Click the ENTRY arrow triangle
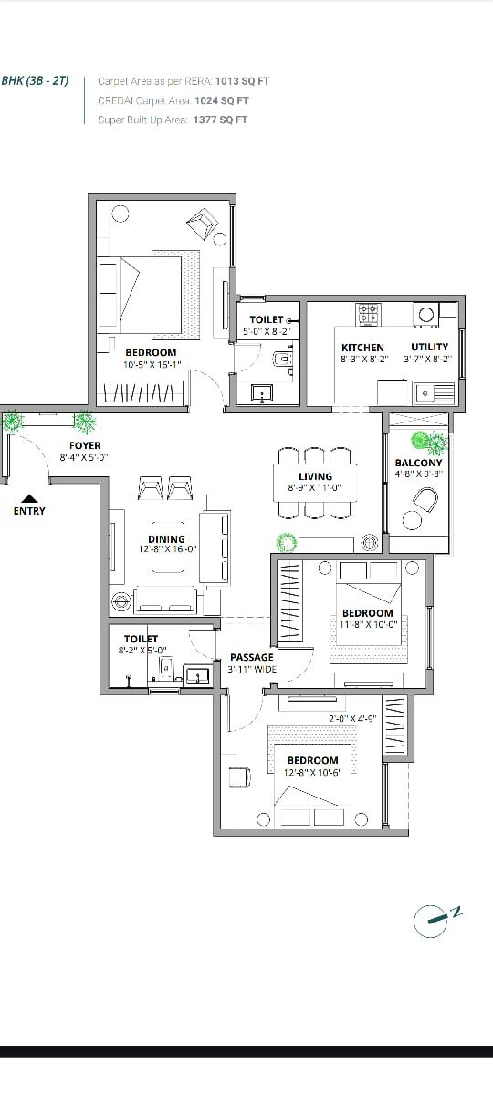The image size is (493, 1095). coord(30,498)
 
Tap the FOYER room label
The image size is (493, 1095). coord(85,445)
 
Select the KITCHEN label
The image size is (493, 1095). coord(362,348)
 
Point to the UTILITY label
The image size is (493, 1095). coord(429,347)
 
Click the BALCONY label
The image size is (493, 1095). coord(419,463)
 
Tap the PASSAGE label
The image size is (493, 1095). coord(252,657)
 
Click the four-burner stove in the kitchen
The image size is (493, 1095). coord(369,314)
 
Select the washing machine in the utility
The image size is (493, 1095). coord(426,314)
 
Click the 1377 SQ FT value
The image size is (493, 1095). coord(220,120)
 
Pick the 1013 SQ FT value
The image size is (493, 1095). coord(242,81)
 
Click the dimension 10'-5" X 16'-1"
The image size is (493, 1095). coord(152,364)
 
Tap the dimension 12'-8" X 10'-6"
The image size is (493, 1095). coord(313,772)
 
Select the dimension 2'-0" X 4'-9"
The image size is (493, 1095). coord(352,719)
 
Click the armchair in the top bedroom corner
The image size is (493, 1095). coord(202,224)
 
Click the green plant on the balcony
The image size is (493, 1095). coord(429,442)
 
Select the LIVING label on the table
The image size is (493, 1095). coord(316,476)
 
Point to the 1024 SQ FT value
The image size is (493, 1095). coord(222,100)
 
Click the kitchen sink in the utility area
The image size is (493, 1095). coord(434,392)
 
